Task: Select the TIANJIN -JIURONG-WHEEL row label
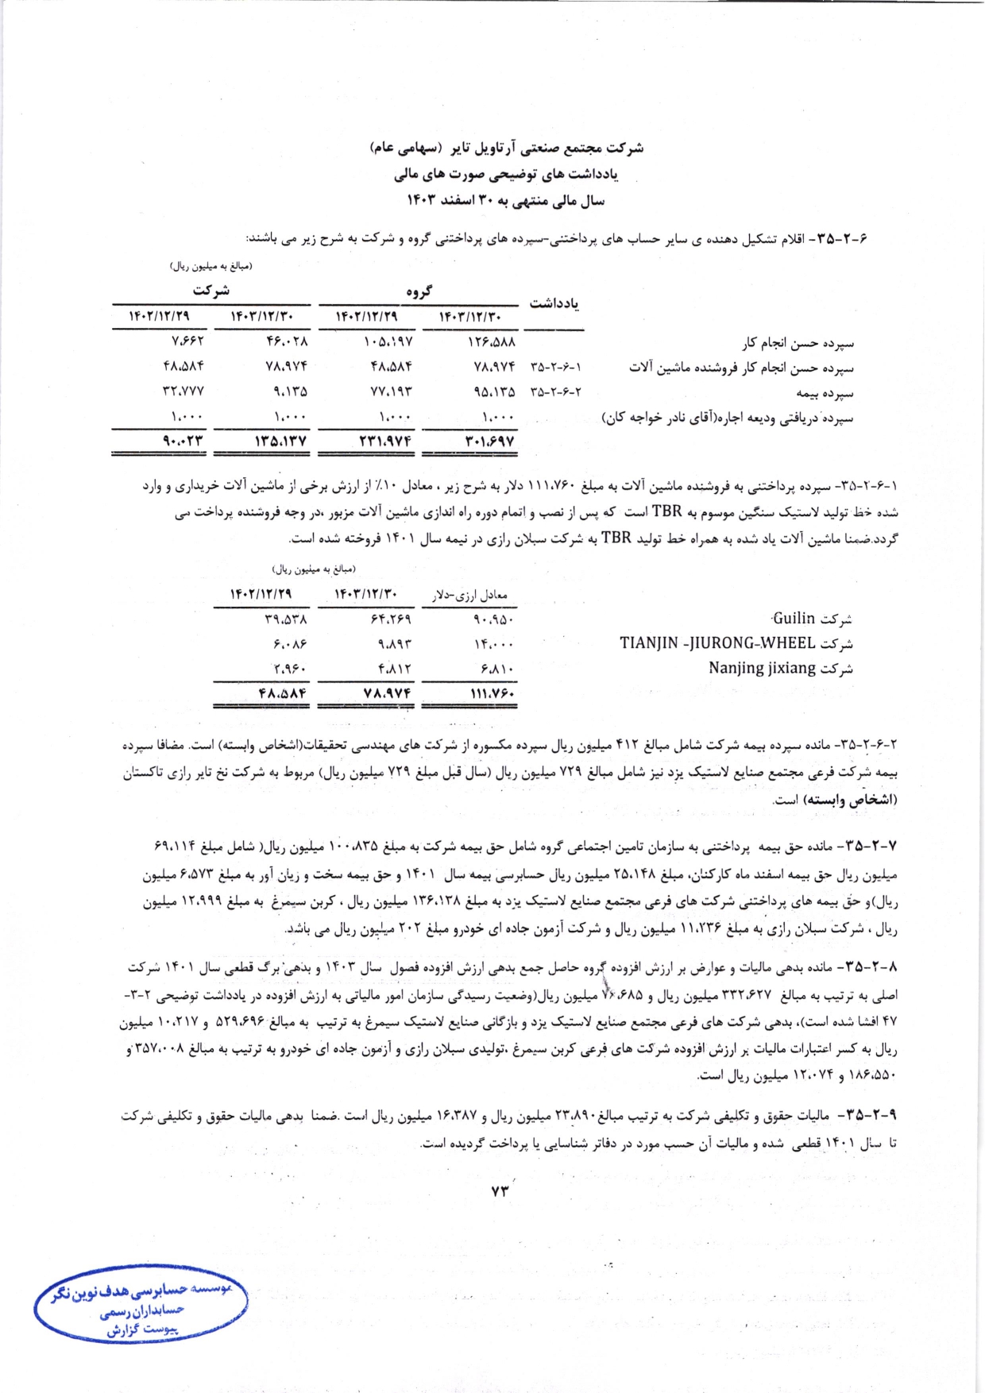point(736,643)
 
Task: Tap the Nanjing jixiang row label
point(781,668)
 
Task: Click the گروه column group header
point(419,291)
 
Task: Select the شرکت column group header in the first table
point(211,291)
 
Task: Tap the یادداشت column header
point(554,304)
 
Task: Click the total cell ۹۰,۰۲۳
point(183,441)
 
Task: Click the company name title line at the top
point(507,148)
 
